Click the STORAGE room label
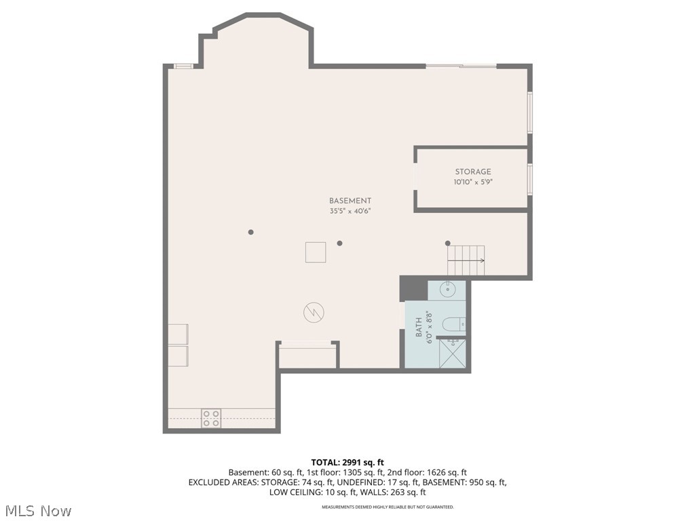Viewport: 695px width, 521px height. (x=472, y=172)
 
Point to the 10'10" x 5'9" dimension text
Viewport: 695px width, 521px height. (x=472, y=182)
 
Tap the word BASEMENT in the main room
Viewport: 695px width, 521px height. (x=350, y=201)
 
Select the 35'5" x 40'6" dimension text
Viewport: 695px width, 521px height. (x=350, y=211)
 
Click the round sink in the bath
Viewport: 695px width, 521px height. (x=448, y=290)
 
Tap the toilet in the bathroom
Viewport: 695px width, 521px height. (x=453, y=325)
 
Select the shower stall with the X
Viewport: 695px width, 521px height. (x=452, y=353)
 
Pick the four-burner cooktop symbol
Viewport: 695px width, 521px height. (x=211, y=418)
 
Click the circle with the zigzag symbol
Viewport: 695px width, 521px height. (x=314, y=313)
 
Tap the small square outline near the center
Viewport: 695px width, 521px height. (x=315, y=252)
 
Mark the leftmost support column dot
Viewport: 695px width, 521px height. (x=250, y=232)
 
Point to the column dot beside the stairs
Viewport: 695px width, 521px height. (x=447, y=243)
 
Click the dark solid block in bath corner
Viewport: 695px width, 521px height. (x=413, y=288)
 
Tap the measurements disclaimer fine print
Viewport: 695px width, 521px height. (x=388, y=507)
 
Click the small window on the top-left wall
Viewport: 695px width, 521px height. (x=183, y=66)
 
